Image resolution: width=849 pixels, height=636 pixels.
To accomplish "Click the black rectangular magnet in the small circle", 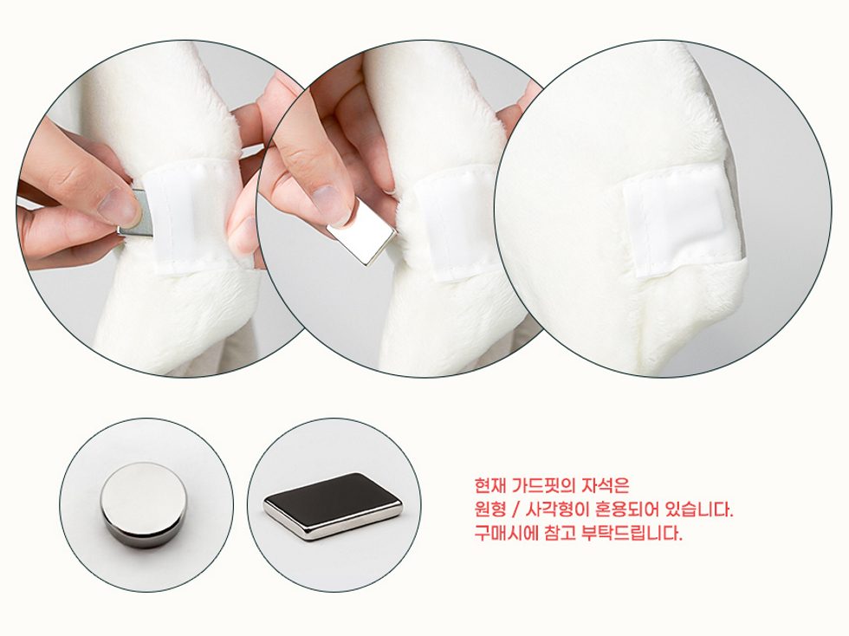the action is (x=333, y=506).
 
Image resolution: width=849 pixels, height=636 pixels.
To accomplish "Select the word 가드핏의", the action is (x=542, y=485).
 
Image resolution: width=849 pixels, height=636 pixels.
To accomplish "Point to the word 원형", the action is (x=489, y=509).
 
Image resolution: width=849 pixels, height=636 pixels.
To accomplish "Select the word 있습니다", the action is (x=698, y=509).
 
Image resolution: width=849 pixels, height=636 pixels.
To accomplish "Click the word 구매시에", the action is (x=505, y=533).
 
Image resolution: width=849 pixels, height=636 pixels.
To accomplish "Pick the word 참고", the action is (x=558, y=533).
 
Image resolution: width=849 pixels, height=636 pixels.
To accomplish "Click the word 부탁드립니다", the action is (x=632, y=533).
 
